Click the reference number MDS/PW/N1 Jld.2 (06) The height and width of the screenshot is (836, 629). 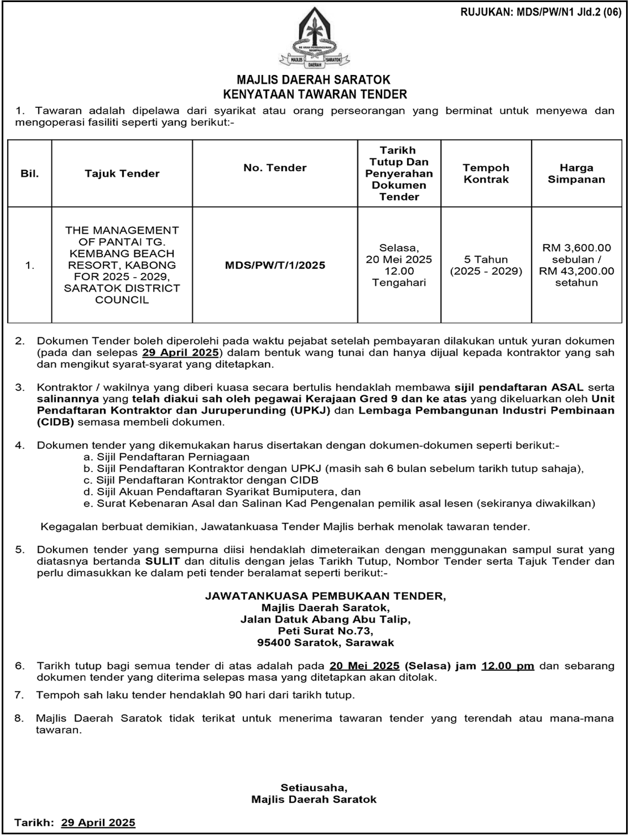click(x=541, y=12)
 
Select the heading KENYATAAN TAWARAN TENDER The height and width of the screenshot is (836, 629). click(x=315, y=95)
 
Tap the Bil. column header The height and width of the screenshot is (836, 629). click(x=30, y=174)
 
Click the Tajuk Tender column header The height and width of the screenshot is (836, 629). click(x=122, y=174)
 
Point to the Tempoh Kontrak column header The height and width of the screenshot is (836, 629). click(x=486, y=174)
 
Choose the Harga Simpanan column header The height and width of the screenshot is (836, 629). click(x=576, y=174)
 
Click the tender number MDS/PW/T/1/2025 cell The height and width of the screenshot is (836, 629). click(x=275, y=265)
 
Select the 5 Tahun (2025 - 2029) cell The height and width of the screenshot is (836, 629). click(x=486, y=265)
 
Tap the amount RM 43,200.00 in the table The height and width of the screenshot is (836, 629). click(x=576, y=271)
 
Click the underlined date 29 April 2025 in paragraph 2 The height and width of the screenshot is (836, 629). click(x=180, y=353)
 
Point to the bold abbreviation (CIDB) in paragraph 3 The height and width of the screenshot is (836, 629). click(x=55, y=422)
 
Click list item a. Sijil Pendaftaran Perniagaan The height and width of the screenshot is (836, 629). click(x=166, y=457)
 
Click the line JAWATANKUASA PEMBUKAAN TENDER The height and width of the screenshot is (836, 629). click(x=325, y=596)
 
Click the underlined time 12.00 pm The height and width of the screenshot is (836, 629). click(x=508, y=666)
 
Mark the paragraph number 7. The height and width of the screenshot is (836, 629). click(x=20, y=695)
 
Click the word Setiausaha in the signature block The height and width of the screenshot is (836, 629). click(x=314, y=788)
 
